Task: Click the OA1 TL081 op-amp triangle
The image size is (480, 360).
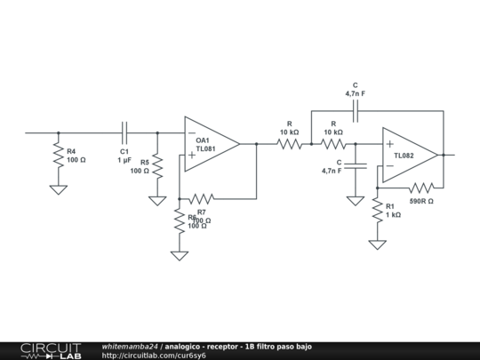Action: point(210,143)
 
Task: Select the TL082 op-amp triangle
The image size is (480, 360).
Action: point(408,155)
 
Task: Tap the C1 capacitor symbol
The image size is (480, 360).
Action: point(124,133)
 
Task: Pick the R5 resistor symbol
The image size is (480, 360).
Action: point(157,166)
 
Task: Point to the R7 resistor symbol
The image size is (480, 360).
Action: point(202,198)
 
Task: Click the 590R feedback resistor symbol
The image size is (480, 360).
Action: point(420,188)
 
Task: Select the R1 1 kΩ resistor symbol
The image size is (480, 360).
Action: point(378,210)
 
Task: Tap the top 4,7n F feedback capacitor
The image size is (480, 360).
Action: point(355,110)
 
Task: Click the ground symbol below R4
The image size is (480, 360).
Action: point(58,189)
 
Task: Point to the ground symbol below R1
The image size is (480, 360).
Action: point(378,244)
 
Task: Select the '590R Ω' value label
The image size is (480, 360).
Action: point(421,202)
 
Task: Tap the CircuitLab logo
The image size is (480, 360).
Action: point(50,350)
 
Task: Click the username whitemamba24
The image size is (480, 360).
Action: point(130,346)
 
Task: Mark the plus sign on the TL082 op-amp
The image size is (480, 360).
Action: point(389,144)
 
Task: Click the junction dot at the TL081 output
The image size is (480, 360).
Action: point(256,143)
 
